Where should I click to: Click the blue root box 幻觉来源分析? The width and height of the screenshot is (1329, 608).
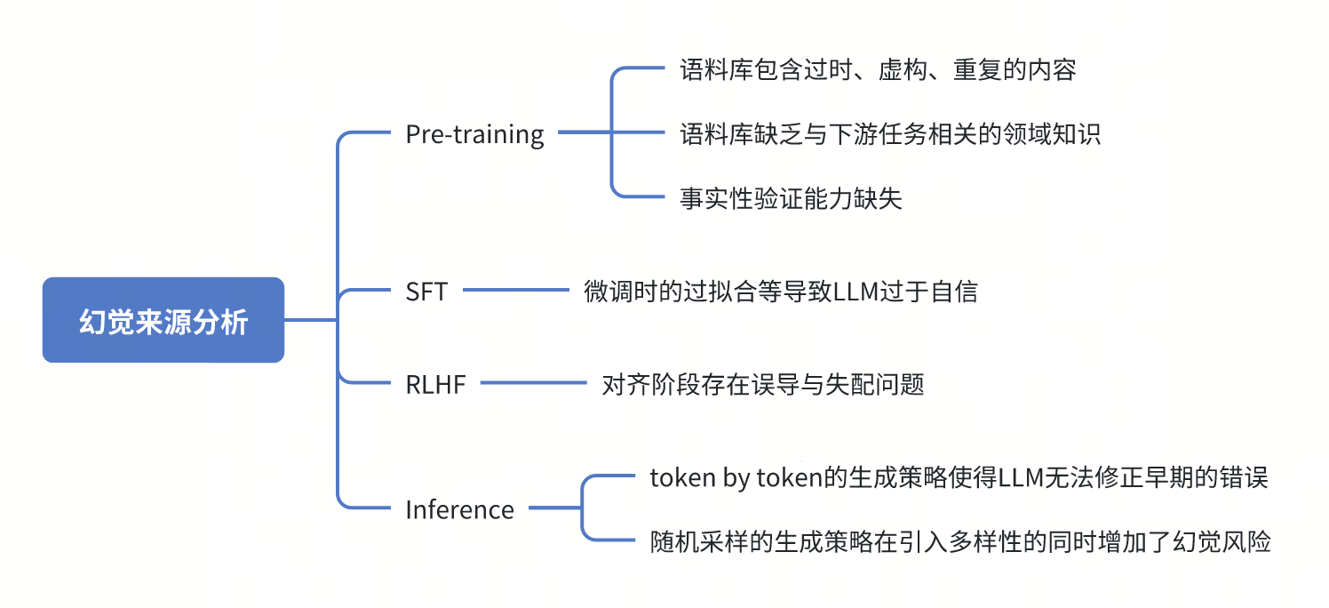tap(163, 320)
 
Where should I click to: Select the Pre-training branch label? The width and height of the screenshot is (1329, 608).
tap(474, 135)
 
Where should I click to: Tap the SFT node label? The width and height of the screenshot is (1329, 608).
tap(426, 292)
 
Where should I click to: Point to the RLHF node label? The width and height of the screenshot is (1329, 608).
tap(435, 384)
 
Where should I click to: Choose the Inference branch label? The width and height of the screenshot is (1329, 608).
tap(460, 509)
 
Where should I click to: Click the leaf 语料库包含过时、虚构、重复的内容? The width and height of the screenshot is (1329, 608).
tap(878, 69)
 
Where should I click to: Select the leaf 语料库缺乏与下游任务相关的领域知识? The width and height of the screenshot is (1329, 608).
tap(890, 133)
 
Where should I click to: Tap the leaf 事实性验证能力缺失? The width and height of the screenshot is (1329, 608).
tap(791, 198)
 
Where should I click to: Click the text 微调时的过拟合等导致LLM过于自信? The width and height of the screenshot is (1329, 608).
tap(780, 291)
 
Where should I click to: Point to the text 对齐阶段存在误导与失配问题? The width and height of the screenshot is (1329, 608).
tap(763, 384)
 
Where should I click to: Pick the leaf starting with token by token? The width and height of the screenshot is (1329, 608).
tap(959, 477)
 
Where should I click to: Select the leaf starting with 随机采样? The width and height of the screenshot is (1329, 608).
tap(960, 541)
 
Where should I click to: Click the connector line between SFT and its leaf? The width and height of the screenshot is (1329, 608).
tap(515, 290)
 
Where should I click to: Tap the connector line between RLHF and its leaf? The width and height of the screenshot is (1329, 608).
tap(533, 383)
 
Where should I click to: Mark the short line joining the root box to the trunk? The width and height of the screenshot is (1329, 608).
tap(310, 320)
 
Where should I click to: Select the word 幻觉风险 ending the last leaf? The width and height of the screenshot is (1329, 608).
tap(1222, 541)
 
